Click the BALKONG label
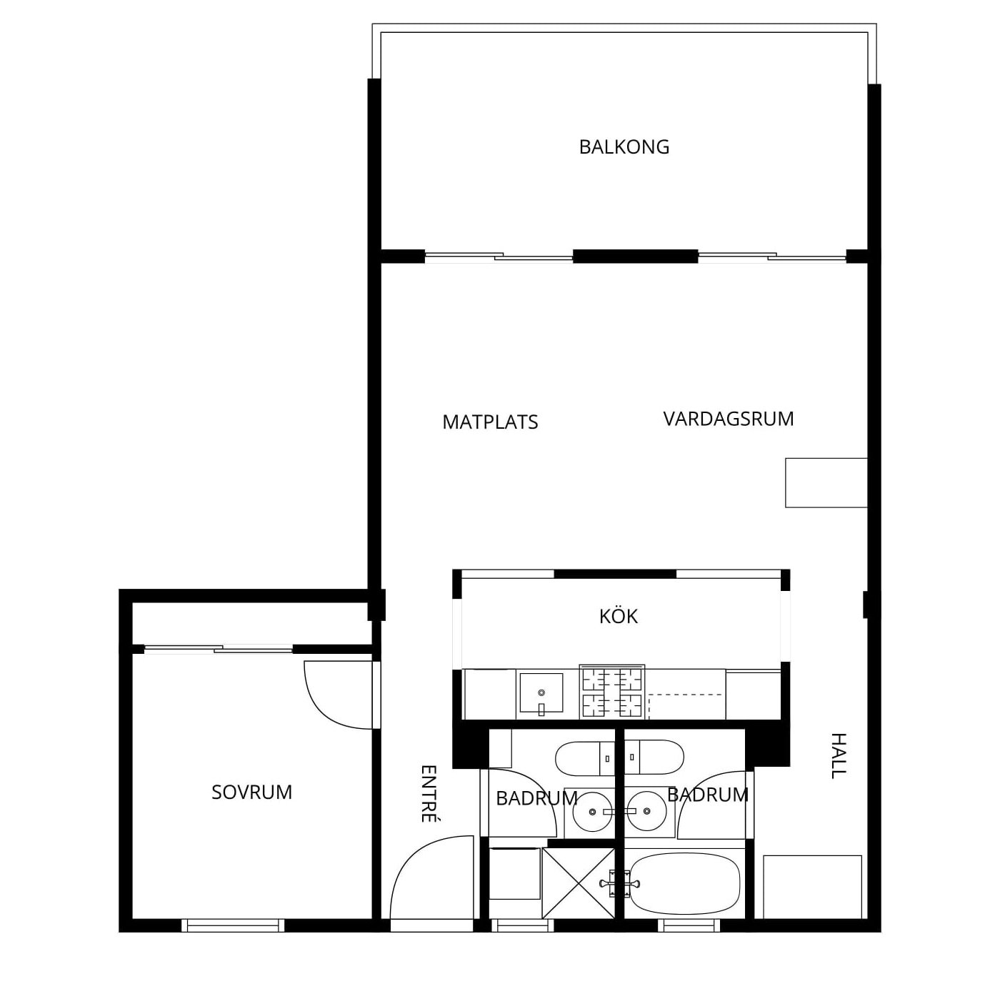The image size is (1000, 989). (624, 147)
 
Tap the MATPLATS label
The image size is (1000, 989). (490, 422)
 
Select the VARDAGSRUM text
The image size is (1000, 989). (728, 419)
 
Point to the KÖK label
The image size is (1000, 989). (618, 616)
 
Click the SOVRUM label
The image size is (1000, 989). (251, 792)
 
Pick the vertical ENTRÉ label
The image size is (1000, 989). (429, 794)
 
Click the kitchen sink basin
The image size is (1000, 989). (541, 693)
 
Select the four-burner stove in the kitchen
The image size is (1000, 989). (612, 692)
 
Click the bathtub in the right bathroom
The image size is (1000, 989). (684, 883)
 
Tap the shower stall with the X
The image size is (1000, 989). (578, 883)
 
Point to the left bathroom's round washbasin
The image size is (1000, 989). (591, 812)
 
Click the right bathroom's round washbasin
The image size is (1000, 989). (646, 811)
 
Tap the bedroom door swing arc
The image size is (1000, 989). (324, 709)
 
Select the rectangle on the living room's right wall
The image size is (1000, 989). (826, 483)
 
